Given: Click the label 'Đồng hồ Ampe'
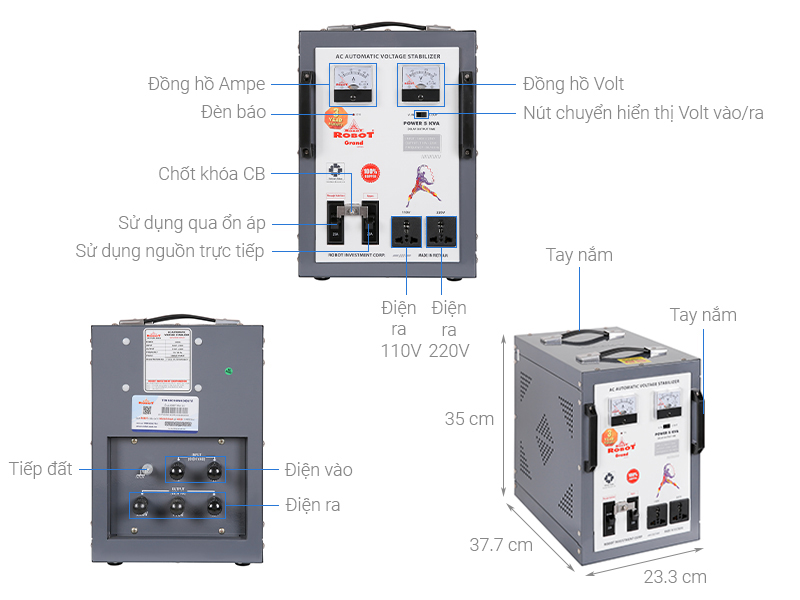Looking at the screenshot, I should [x=206, y=84].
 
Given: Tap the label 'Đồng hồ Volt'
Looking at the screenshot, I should [x=573, y=84].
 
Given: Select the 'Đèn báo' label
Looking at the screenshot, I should [x=233, y=112].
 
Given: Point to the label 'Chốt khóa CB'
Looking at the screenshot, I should [x=212, y=173].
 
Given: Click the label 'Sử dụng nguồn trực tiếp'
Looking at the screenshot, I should [x=170, y=251].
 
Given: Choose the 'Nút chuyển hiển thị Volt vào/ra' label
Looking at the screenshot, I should [x=643, y=113].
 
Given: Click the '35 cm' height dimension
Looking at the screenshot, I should [x=470, y=419].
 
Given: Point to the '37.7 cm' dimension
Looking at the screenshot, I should [x=502, y=545].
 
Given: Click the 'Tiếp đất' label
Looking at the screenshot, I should [x=41, y=468].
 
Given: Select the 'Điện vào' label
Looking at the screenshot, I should [x=318, y=469].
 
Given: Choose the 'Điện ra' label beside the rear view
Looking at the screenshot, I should [x=312, y=505].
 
